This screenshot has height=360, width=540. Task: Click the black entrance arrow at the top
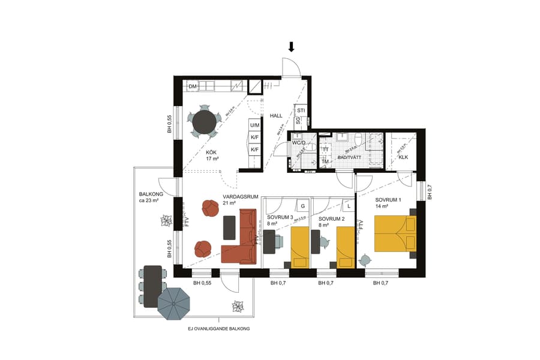point(292,47)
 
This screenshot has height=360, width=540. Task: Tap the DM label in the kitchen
point(193,88)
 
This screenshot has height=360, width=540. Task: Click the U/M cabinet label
point(255,125)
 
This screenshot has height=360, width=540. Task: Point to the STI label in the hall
point(301,111)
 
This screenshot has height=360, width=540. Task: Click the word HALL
point(275,116)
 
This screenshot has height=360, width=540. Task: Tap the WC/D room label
point(299,143)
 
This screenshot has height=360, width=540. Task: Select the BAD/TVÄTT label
point(350,157)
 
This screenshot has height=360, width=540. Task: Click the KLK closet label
point(403,158)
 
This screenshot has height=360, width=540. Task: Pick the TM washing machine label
point(325,161)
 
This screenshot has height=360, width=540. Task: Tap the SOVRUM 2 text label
point(331,219)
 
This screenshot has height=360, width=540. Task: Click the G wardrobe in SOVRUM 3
point(303,206)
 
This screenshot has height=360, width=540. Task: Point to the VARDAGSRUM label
point(240,197)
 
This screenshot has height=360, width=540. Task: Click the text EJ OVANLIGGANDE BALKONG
point(218,329)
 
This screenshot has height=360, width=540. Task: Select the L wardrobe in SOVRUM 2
point(348,206)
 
